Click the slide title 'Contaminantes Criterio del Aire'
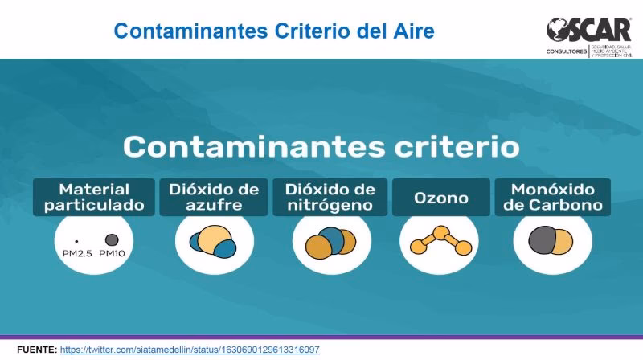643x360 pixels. pos(274,31)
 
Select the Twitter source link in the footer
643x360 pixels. pos(190,350)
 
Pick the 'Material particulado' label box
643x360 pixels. pos(94,198)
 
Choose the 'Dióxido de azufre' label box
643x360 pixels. pos(214,198)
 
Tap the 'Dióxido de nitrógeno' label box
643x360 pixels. pos(330,198)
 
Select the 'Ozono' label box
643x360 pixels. pos(440,198)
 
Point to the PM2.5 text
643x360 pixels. pos(79,254)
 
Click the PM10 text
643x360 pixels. pos(113,254)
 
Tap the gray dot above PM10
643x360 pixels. pos(113,239)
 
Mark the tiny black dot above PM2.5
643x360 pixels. pos(76,241)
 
